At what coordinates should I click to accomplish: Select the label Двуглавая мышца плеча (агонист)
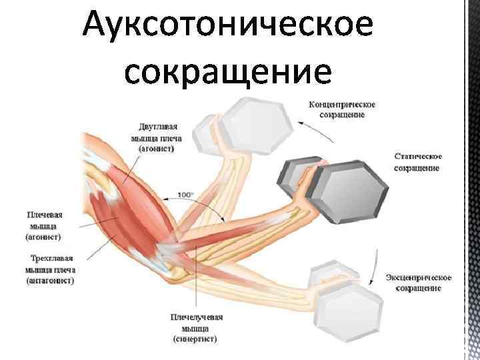coord(157,137)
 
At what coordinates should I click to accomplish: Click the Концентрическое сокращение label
coord(342,109)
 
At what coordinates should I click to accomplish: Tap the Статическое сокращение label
coord(416,161)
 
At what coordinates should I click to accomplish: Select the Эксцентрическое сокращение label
coord(419,282)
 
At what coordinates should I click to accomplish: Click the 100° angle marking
coord(185,195)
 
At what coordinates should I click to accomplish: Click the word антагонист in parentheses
coord(51,281)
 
